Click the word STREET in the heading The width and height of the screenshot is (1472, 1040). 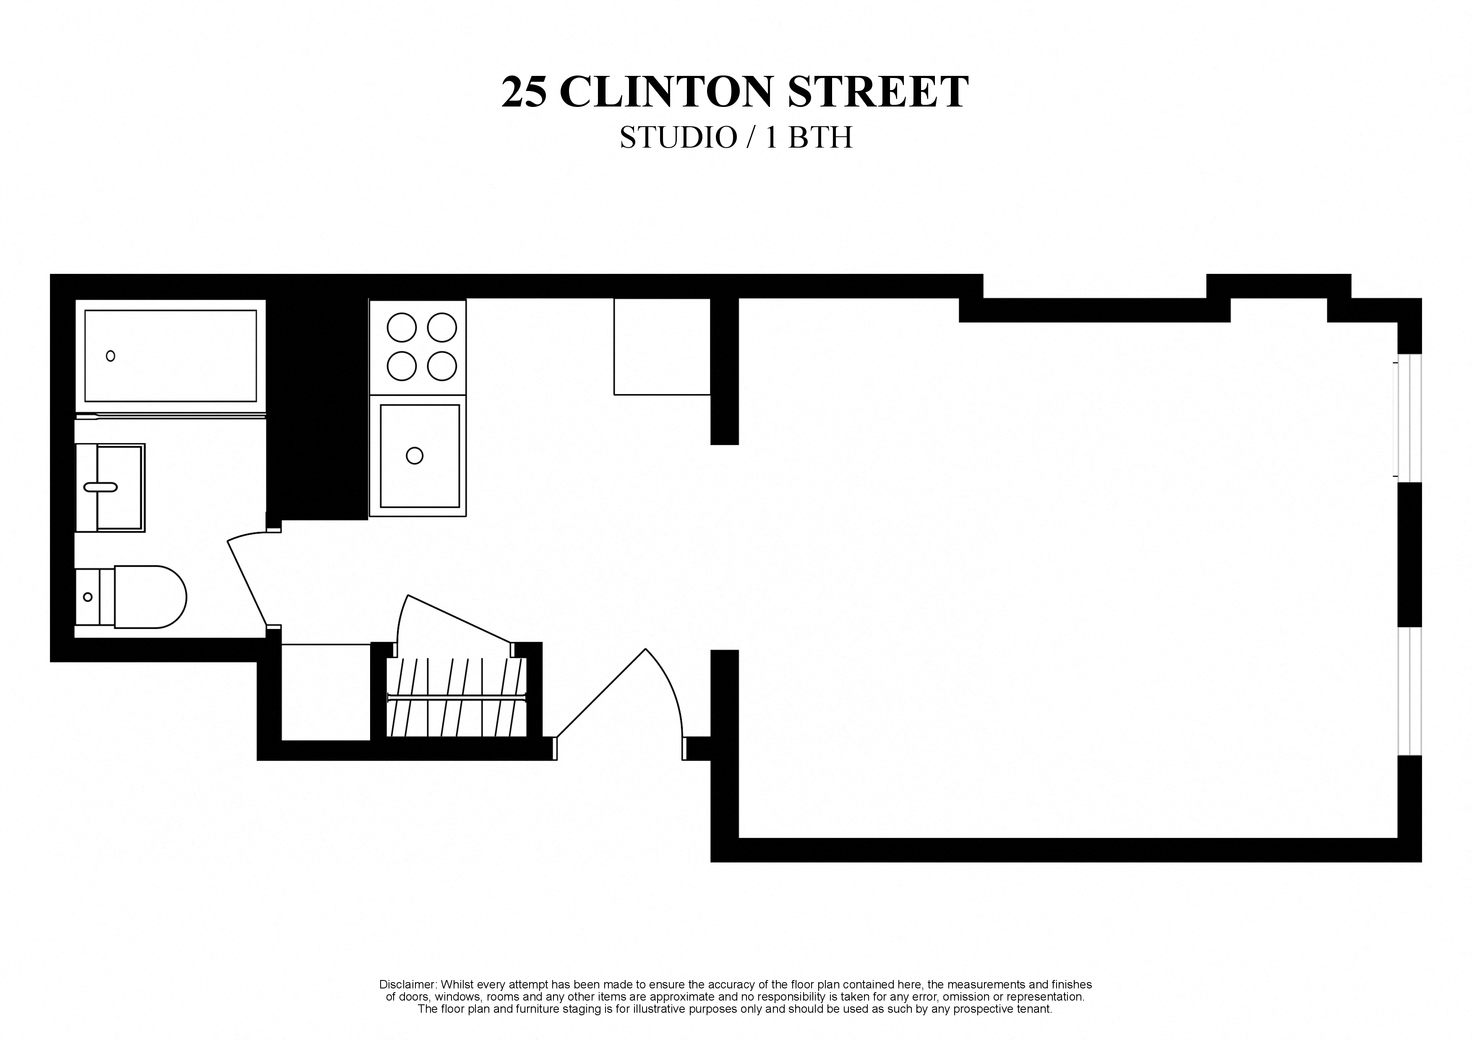[877, 92]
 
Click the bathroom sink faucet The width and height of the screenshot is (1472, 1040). [101, 487]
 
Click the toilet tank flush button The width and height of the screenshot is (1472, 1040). [88, 597]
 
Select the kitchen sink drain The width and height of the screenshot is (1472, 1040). [415, 455]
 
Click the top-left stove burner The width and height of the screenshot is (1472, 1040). [402, 328]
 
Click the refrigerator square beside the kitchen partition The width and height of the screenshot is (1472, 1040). [662, 347]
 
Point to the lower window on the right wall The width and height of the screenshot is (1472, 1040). [1409, 692]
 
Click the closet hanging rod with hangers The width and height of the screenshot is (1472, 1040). [457, 697]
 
